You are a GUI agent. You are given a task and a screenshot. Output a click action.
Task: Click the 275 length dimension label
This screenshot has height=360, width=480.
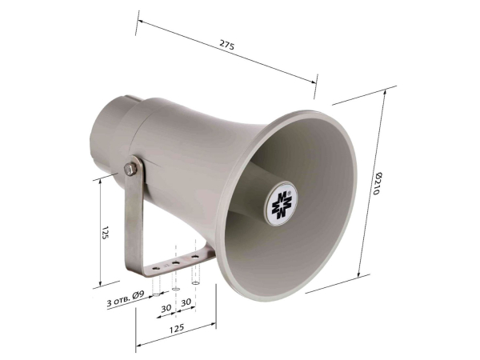click(x=227, y=45)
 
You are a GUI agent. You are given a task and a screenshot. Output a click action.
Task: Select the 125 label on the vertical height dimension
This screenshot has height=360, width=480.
click(x=105, y=233)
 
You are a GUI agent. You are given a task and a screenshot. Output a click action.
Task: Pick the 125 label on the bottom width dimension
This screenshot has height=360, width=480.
click(x=177, y=328)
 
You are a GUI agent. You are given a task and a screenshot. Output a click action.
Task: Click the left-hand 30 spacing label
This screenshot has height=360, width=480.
click(x=166, y=308)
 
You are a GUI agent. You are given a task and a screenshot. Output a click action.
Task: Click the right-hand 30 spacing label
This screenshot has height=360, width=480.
click(x=186, y=302)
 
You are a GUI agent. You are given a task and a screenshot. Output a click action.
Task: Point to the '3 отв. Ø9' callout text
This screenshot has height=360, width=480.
click(x=126, y=299)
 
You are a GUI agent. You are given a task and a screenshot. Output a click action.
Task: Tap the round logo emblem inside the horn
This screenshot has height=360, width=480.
click(x=281, y=204)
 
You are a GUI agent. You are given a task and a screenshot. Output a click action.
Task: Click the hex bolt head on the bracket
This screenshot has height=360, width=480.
click(x=130, y=170)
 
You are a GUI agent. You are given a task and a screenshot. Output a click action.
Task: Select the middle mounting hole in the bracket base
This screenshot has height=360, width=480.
click(x=175, y=263)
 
